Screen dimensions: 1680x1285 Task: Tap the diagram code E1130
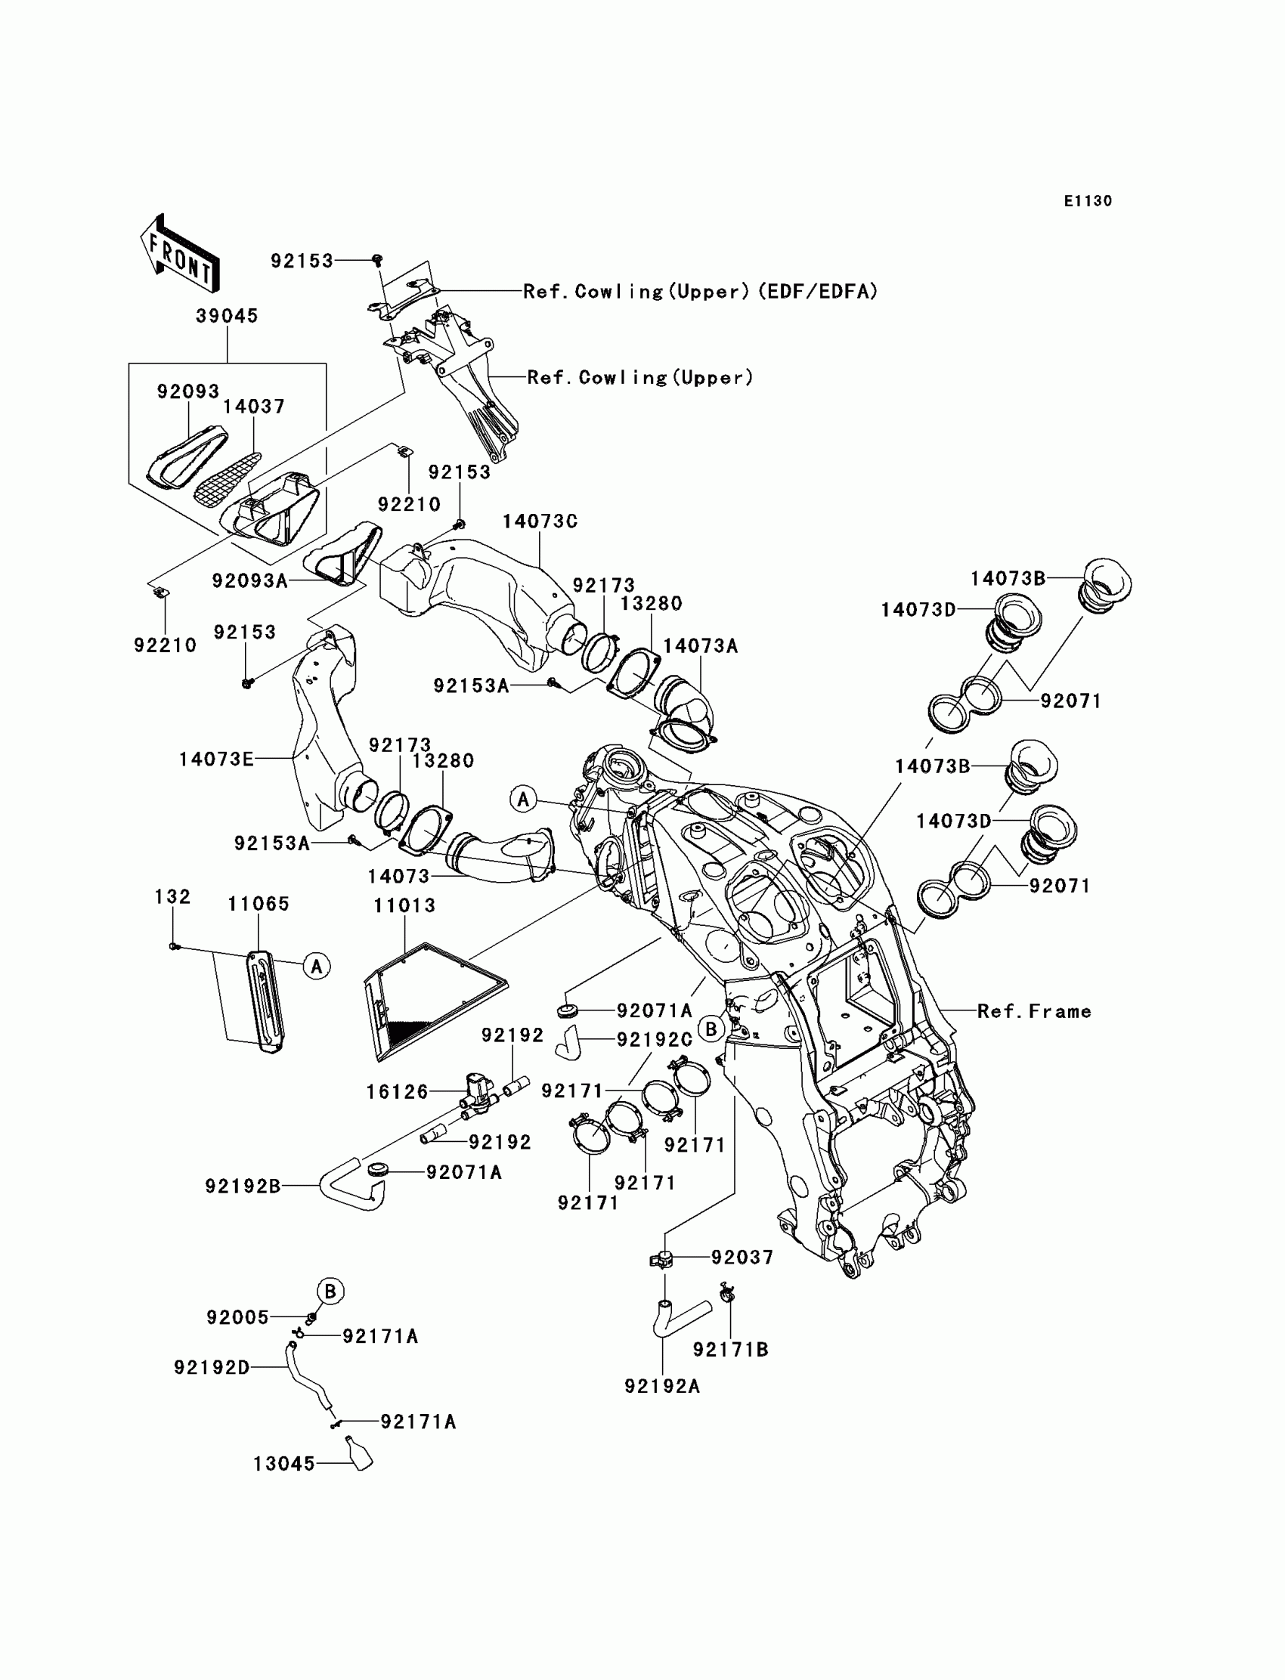pos(1088,201)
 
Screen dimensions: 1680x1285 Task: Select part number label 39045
pos(228,316)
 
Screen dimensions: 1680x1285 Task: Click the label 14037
pos(254,407)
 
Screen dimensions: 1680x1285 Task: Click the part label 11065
pos(259,904)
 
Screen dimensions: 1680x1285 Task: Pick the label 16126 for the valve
pos(397,1092)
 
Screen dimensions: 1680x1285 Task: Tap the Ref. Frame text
pos(1034,1012)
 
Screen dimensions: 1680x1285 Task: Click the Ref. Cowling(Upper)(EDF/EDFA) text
pos(701,292)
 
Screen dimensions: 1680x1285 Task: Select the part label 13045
pos(284,1464)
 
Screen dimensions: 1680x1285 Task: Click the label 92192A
pos(662,1386)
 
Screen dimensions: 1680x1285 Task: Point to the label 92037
pos(743,1258)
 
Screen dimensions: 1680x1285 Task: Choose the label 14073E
pos(216,760)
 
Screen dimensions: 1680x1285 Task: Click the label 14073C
pos(540,521)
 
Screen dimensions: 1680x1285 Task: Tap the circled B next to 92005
pos(330,1292)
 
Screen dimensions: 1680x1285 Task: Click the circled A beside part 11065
pos(317,966)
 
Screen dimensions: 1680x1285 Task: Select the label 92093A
pos(250,581)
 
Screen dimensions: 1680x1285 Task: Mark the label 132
pos(173,896)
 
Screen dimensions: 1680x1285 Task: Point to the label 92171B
pos(730,1350)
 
